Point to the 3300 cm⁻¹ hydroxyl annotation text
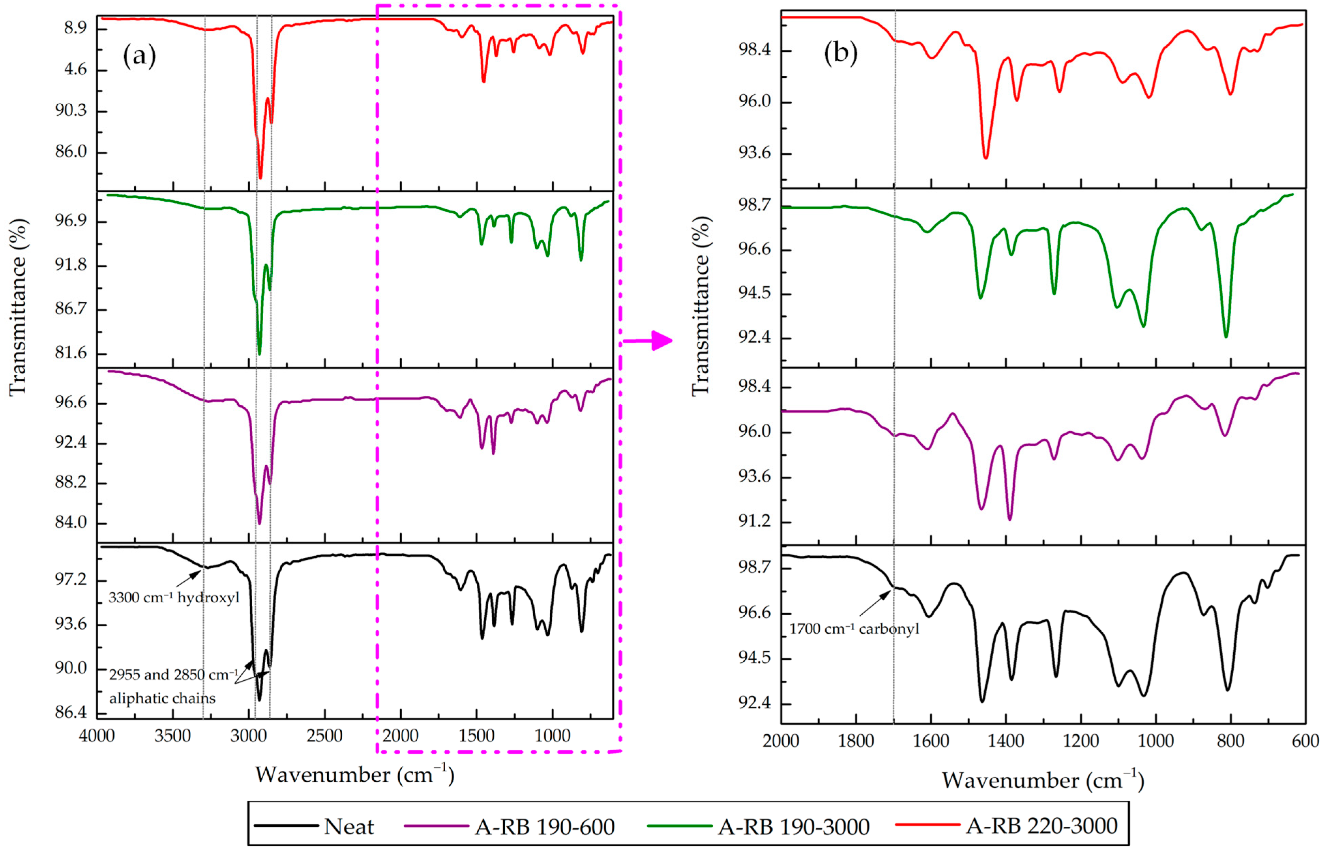coord(174,598)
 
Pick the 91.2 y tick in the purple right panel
coord(755,521)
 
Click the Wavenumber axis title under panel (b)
coord(1042,780)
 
